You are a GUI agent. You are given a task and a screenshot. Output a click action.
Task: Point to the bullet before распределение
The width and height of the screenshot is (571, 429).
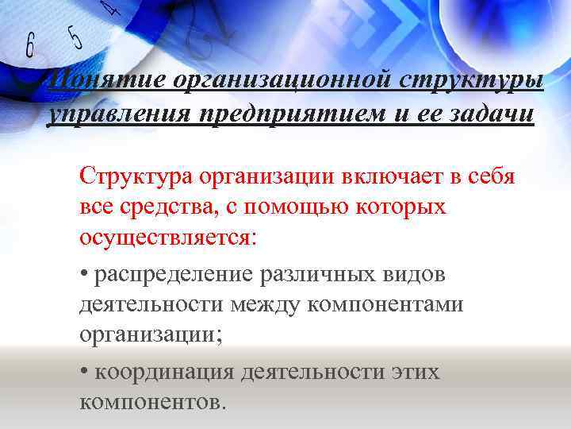pos(84,275)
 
